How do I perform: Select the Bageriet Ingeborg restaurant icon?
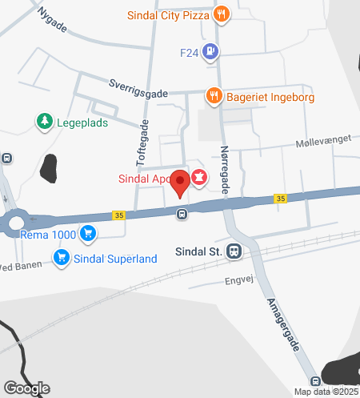(213, 96)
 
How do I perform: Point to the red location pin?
(182, 183)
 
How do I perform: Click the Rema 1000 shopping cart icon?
(88, 234)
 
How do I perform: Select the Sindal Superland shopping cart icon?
(61, 257)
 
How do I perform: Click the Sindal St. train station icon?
(234, 251)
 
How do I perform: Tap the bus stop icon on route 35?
(182, 213)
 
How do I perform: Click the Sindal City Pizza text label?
(168, 14)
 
